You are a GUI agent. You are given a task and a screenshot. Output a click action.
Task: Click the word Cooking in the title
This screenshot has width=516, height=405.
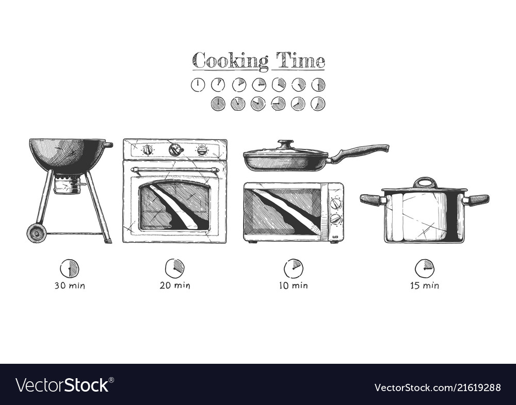(230, 61)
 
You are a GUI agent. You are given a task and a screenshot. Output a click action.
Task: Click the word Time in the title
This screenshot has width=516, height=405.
(300, 61)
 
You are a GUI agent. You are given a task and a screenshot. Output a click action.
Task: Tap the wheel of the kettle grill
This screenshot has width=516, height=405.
(37, 233)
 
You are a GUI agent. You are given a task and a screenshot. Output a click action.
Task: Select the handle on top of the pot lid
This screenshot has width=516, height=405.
(425, 182)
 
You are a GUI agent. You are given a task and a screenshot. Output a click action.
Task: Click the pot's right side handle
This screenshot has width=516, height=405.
(476, 199)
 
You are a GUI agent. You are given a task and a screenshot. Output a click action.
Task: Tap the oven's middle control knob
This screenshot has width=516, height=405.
(175, 149)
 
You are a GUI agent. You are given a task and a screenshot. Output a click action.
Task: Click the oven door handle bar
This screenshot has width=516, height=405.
(174, 170)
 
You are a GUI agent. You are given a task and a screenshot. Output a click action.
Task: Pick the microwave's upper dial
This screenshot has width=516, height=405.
(335, 204)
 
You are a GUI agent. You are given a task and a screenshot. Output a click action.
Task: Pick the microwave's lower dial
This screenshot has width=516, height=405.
(335, 219)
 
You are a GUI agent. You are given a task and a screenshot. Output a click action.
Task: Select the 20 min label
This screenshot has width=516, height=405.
(174, 285)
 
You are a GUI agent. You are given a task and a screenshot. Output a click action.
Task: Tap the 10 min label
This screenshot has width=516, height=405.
(293, 285)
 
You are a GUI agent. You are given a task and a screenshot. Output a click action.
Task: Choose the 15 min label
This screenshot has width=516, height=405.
(425, 285)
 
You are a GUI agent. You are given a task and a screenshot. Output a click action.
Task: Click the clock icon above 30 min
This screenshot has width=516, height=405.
(70, 268)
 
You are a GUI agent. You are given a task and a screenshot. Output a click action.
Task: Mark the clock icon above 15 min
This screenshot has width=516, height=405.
(425, 268)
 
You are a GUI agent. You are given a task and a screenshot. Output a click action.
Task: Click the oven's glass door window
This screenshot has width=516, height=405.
(174, 206)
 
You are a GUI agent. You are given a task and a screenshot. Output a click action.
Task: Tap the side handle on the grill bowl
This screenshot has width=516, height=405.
(108, 145)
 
